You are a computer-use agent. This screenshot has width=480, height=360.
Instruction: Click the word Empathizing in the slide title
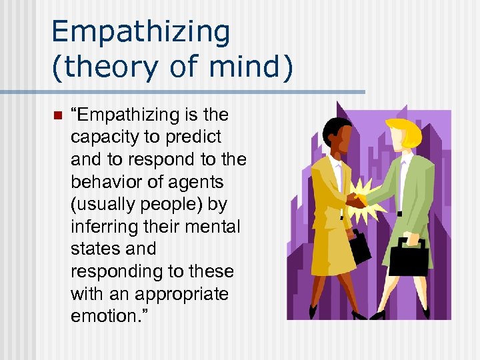(140, 32)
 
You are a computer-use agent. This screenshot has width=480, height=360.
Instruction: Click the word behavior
(106, 181)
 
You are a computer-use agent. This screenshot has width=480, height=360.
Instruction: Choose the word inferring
(102, 227)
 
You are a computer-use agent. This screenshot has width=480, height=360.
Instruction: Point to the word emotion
(99, 316)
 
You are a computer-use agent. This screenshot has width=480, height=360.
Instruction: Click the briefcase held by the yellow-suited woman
(359, 247)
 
